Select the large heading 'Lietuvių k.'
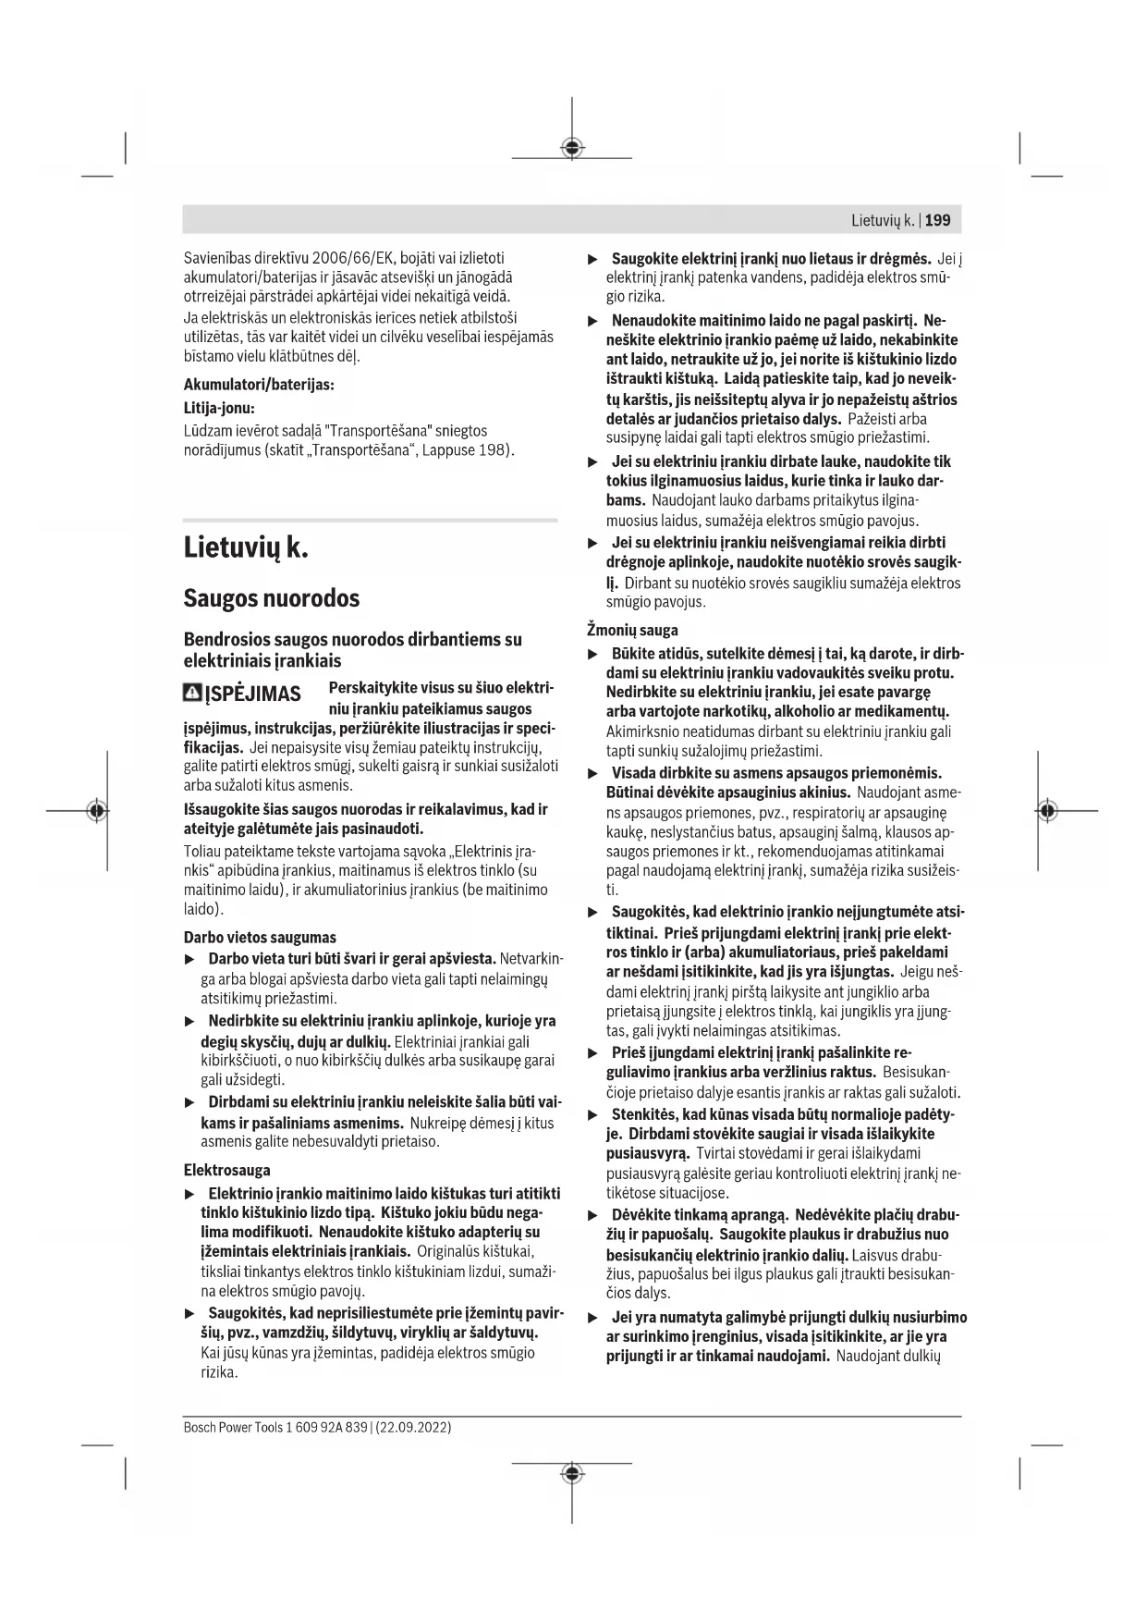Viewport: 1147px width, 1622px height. [x=245, y=547]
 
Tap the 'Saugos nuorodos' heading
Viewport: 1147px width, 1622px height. [x=271, y=598]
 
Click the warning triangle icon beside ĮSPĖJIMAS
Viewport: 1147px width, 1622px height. [x=193, y=693]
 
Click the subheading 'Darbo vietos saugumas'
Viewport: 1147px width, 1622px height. [x=260, y=937]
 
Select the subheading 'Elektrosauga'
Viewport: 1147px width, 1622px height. [x=226, y=1170]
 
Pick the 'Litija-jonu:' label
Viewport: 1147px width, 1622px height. [x=219, y=407]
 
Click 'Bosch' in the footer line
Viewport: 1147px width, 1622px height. [x=199, y=1427]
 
